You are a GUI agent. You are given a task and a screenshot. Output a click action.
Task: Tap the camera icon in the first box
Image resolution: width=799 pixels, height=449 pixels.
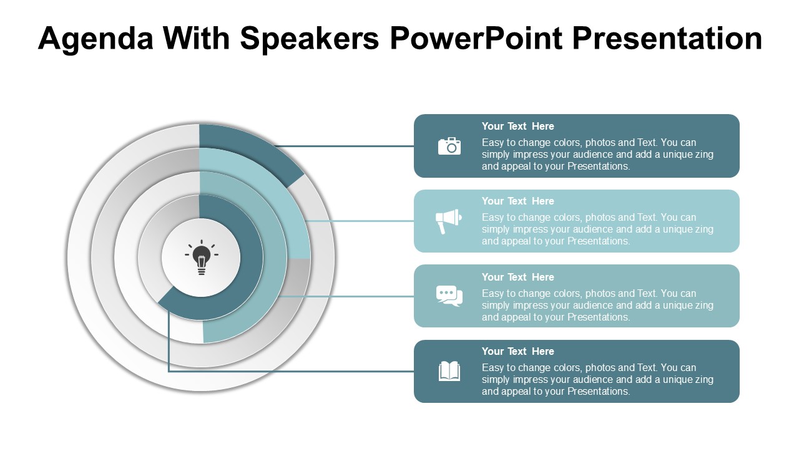[449, 146]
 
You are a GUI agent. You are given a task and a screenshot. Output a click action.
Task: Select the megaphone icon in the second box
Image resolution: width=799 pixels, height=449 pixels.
[448, 221]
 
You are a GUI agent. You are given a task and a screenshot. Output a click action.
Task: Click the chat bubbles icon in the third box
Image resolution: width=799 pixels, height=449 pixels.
[449, 296]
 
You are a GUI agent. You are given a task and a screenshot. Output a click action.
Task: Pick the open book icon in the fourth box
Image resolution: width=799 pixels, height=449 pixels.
[449, 371]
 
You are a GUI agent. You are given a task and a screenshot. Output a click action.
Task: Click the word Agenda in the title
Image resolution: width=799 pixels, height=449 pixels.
[96, 39]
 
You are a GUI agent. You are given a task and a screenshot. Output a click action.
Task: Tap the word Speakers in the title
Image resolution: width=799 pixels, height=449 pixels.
[309, 38]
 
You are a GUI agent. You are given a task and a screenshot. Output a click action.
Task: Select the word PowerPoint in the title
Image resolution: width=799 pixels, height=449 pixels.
[476, 38]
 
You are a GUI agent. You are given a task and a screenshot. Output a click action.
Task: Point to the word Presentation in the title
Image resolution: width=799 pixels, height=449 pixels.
[667, 38]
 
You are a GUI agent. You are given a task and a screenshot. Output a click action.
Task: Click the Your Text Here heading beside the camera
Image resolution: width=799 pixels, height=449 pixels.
[517, 126]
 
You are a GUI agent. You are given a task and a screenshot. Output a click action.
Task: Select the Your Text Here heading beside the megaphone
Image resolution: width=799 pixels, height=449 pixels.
[517, 201]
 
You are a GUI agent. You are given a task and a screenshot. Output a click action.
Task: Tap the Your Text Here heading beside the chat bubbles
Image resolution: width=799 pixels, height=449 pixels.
[517, 278]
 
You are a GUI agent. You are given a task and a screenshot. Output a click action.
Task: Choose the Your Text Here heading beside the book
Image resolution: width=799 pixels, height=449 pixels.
[517, 351]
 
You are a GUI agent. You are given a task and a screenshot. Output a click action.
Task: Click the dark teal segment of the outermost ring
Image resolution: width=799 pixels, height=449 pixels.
[253, 150]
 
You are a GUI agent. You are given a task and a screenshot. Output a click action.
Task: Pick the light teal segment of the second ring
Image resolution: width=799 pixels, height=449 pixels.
[271, 193]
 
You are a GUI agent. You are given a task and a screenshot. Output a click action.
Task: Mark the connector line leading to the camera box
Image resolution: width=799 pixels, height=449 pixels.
[345, 146]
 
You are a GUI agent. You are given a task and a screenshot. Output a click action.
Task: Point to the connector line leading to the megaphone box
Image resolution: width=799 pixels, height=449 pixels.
[360, 221]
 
